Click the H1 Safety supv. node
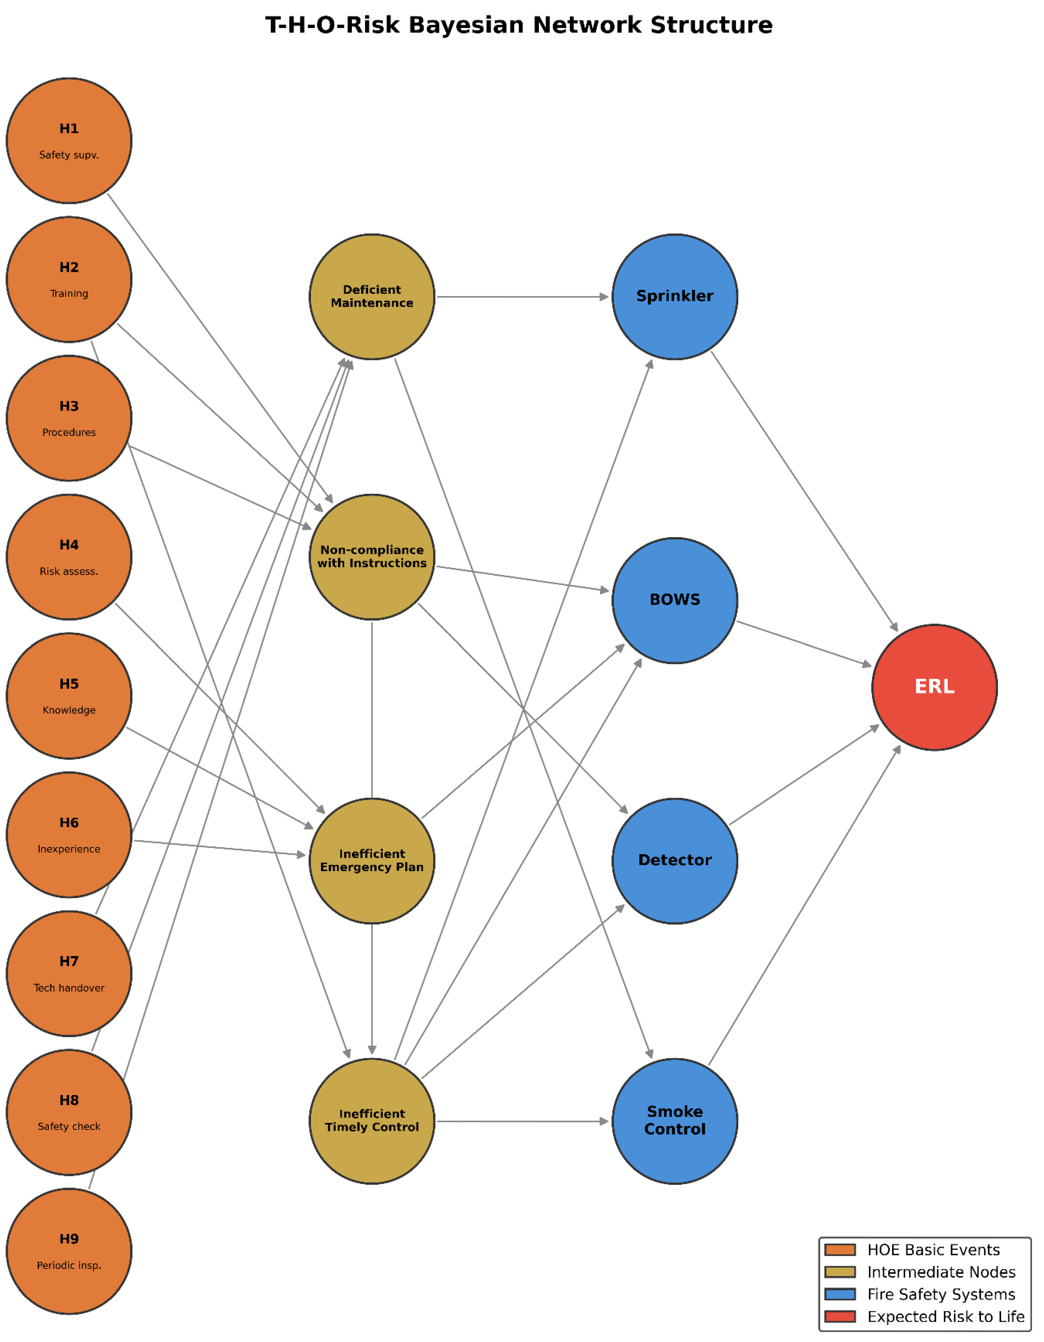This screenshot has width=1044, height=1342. pos(69,141)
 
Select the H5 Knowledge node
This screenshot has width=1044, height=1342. pos(69,696)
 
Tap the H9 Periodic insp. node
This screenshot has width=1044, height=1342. pos(69,1252)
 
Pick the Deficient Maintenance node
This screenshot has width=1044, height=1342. pos(372,297)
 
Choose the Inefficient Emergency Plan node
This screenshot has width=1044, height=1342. pos(372,861)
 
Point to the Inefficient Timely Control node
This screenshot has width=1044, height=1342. pos(372,1121)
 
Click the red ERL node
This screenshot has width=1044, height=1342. pos(935,688)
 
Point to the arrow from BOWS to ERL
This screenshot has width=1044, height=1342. pos(804,644)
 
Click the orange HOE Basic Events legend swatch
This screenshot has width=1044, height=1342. pos(840,1250)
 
